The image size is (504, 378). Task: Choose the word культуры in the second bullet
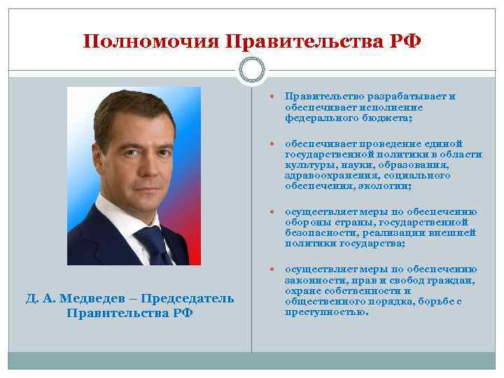306,165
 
